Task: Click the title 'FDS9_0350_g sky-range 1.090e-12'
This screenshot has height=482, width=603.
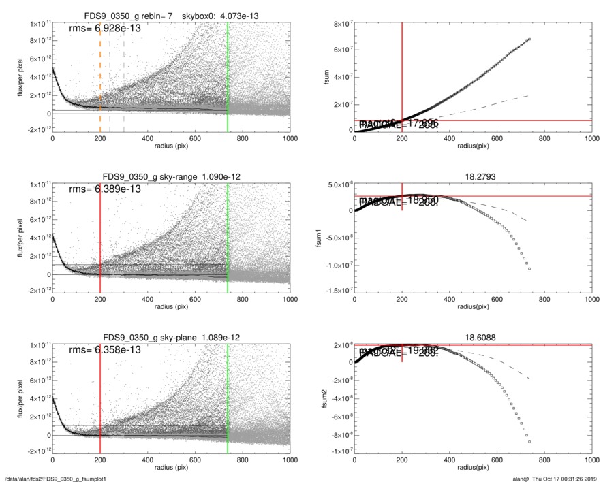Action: tap(171, 177)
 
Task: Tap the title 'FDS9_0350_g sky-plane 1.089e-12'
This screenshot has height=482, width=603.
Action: tap(171, 338)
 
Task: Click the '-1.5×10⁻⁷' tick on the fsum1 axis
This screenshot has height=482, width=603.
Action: tap(335, 291)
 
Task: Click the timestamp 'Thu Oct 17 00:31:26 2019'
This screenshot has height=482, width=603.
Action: tap(561, 479)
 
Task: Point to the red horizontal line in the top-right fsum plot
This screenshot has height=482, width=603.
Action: tap(511, 120)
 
